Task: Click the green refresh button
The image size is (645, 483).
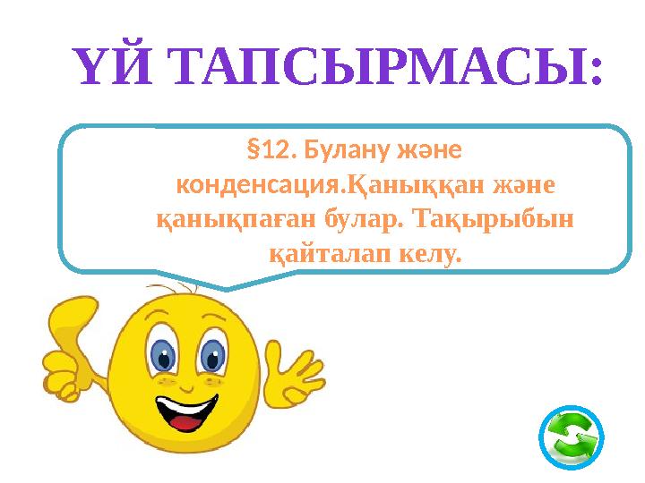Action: (x=572, y=439)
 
